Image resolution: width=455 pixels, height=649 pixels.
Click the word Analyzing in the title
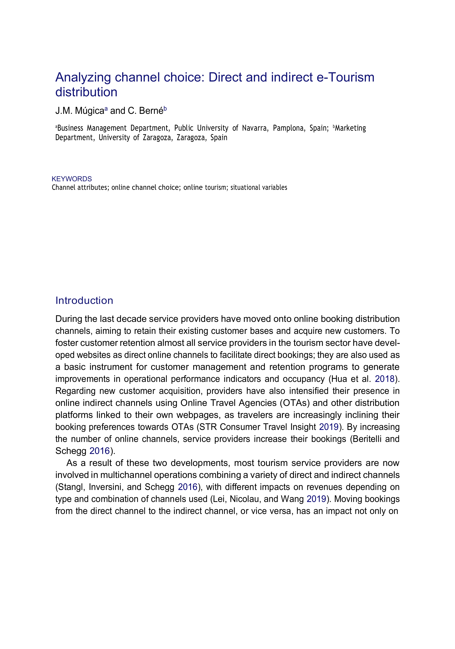83,78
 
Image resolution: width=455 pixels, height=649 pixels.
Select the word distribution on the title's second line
86,92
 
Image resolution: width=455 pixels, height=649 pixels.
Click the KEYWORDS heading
72,179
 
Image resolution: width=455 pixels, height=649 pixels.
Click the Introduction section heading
84,300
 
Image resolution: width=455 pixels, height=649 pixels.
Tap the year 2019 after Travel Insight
329,427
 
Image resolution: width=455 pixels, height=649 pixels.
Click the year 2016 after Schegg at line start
99,451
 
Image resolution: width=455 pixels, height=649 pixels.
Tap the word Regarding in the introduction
75,391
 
